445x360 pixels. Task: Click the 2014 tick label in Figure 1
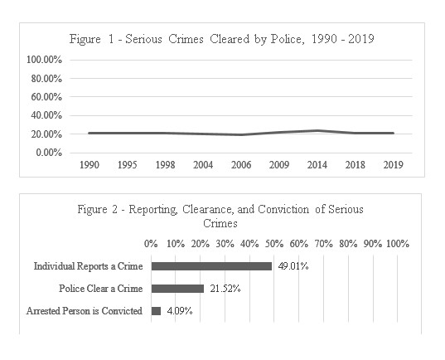[317, 165]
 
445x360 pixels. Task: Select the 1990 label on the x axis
[89, 165]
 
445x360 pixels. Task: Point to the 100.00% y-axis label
[44, 60]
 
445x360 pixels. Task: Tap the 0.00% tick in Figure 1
[49, 153]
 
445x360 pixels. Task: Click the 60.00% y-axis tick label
[46, 97]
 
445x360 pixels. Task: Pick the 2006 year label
[241, 165]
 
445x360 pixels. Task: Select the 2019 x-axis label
[393, 165]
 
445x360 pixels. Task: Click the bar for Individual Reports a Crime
[211, 266]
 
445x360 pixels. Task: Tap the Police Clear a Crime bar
[177, 289]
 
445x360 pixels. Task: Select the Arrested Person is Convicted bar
[156, 311]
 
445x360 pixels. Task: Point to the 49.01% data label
[293, 266]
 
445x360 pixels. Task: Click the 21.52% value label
[225, 289]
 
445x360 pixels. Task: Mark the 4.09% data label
[180, 311]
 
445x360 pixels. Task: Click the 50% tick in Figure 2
[274, 244]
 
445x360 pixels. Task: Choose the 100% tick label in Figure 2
[398, 244]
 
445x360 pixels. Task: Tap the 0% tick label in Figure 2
[151, 244]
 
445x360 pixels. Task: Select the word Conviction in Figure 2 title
[283, 209]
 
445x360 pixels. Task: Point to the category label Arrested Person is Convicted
[85, 311]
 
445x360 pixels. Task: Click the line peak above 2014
[317, 131]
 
